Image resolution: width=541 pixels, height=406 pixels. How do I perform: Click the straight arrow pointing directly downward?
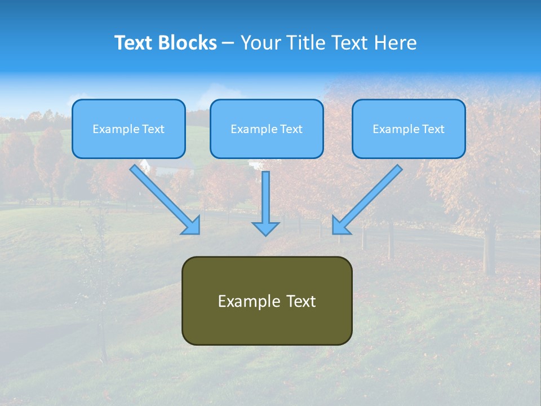[x=265, y=197]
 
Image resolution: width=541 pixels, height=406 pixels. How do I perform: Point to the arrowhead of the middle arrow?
[x=265, y=228]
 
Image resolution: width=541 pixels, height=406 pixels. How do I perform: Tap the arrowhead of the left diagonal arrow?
[x=192, y=226]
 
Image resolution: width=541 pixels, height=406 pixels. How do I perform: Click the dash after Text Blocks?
[x=228, y=43]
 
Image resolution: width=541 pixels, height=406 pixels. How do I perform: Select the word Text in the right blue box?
[x=433, y=129]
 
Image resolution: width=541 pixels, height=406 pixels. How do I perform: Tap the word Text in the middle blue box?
[x=291, y=129]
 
